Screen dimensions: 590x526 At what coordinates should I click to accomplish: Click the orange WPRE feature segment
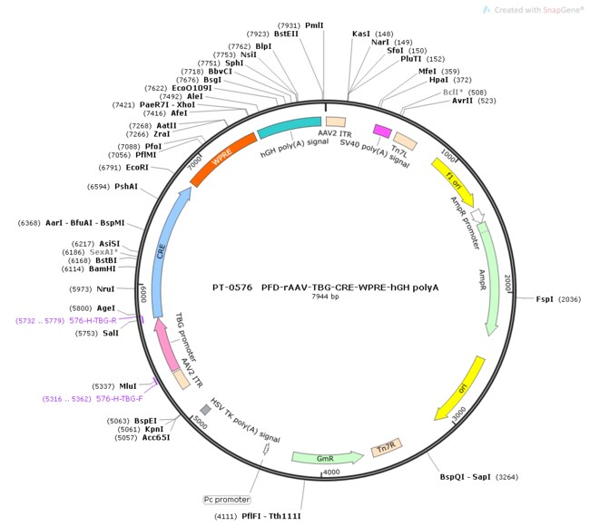[x=222, y=158]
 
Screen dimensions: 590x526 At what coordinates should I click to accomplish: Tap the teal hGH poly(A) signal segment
[x=289, y=128]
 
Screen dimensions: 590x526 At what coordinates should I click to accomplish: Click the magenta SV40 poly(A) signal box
[x=382, y=131]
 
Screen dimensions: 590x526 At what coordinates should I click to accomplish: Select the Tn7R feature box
[x=387, y=447]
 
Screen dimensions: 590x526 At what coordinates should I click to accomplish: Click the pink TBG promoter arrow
[x=166, y=345]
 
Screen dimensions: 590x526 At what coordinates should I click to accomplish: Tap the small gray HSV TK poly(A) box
[x=205, y=409]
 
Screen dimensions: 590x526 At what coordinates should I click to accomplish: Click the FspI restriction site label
[x=545, y=299]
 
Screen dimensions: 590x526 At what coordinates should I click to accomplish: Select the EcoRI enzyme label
[x=137, y=167]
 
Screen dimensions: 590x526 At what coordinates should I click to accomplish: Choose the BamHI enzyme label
[x=103, y=268]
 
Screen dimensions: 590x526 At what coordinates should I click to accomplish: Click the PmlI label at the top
[x=314, y=25]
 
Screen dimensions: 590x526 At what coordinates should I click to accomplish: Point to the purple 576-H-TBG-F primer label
[x=120, y=398]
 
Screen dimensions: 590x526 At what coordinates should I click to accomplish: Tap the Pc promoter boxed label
[x=227, y=500]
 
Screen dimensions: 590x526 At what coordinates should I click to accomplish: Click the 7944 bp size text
[x=325, y=297]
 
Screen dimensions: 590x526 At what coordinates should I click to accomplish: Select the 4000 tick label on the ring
[x=331, y=472]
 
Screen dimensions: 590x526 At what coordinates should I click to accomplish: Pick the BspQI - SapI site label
[x=466, y=477]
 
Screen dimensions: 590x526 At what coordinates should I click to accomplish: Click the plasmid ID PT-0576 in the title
[x=232, y=287]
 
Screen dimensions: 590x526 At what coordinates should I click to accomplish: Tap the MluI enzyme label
[x=128, y=386]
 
